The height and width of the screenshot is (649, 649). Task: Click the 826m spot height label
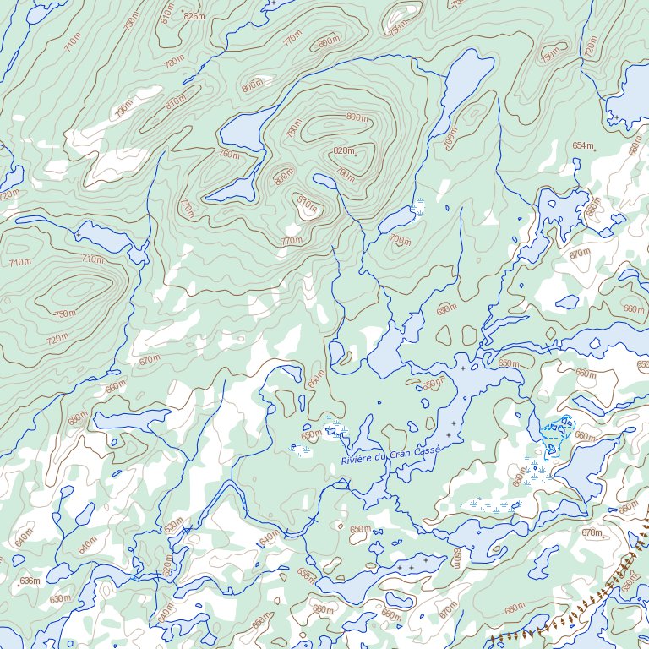[194, 16]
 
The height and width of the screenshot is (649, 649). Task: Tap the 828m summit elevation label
[344, 150]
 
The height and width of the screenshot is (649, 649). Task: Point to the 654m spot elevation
[582, 146]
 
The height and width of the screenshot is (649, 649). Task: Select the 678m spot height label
[592, 533]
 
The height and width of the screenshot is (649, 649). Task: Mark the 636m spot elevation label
[30, 581]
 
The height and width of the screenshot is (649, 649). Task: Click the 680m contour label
[78, 419]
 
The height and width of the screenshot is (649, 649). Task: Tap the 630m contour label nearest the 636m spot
[60, 599]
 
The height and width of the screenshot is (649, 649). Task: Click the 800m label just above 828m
[357, 117]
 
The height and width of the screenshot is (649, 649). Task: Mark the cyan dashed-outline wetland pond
[556, 433]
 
